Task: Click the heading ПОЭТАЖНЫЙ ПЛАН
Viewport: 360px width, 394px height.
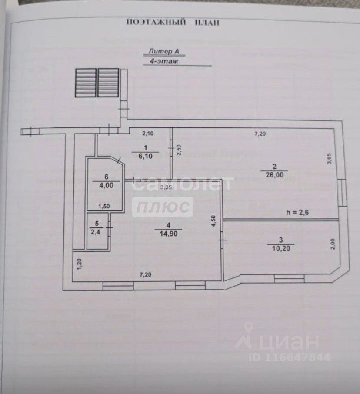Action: click(x=173, y=22)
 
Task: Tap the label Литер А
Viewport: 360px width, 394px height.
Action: click(x=164, y=51)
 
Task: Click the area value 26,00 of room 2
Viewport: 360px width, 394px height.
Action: click(x=274, y=174)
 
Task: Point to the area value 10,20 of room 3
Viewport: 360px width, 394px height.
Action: click(x=280, y=247)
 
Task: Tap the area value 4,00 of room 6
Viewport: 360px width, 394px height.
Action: click(x=103, y=184)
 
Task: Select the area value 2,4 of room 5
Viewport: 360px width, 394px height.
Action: click(x=94, y=231)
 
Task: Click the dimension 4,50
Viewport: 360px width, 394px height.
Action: click(x=213, y=221)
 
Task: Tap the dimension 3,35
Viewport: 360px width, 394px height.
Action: click(x=165, y=187)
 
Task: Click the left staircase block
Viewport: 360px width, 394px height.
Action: click(x=85, y=83)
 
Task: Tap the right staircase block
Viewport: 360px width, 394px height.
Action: click(x=108, y=83)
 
